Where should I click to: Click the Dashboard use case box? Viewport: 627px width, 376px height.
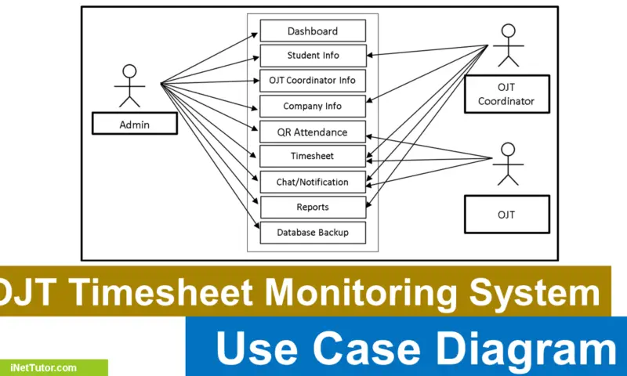(313, 31)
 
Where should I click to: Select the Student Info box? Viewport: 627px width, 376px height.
(313, 56)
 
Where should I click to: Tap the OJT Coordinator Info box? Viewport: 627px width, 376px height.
(313, 81)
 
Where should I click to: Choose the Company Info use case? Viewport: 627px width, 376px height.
(313, 107)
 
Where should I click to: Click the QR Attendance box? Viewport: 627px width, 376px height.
(313, 132)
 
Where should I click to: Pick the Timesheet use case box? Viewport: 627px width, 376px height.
(313, 157)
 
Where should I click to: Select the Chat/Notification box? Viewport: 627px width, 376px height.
(313, 182)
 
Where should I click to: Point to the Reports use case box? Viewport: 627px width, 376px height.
(313, 208)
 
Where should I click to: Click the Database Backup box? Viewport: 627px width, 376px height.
(313, 233)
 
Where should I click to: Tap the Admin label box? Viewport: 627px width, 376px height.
(134, 124)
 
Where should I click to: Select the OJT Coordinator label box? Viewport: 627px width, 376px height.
(506, 95)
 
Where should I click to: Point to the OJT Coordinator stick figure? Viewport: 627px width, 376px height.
(509, 45)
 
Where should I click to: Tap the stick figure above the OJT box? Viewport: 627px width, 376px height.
(508, 164)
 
